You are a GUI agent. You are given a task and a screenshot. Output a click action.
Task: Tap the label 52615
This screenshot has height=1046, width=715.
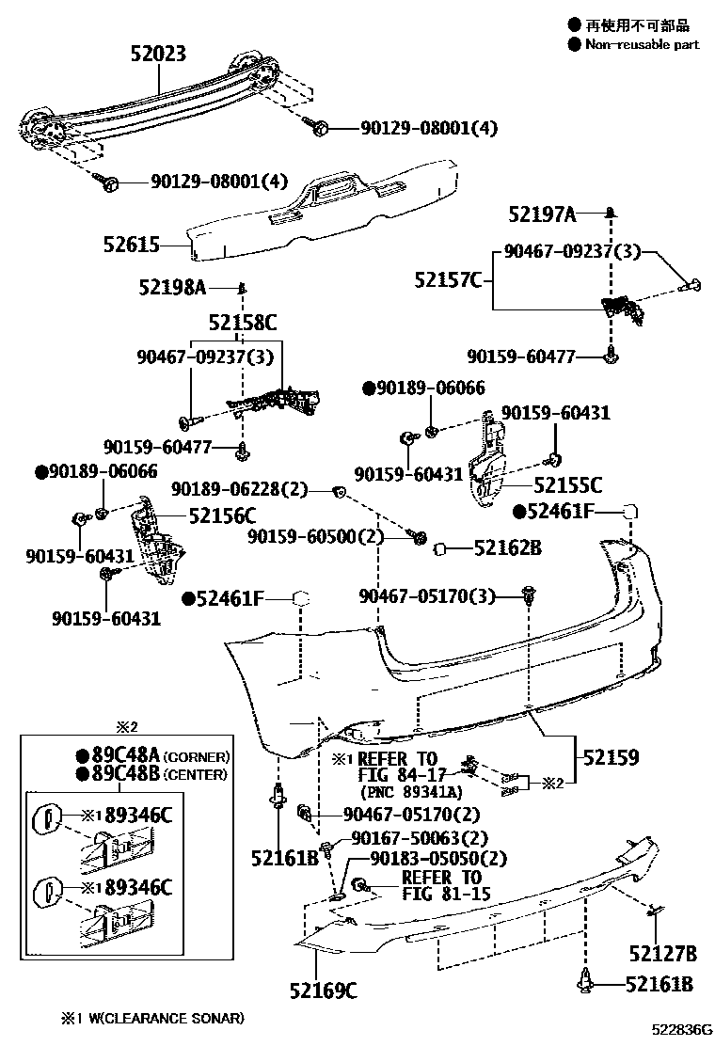click(x=132, y=246)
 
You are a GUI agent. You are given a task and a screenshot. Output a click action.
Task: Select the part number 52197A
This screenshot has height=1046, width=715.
click(x=541, y=215)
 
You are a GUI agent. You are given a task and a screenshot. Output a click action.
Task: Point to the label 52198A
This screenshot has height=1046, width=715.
click(x=172, y=287)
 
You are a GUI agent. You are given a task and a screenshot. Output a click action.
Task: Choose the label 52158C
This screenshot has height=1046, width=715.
click(x=243, y=324)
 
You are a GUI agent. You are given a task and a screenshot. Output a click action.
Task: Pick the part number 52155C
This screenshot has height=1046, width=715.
click(x=567, y=485)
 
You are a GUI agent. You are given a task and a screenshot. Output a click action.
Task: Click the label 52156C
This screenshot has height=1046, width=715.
click(x=222, y=515)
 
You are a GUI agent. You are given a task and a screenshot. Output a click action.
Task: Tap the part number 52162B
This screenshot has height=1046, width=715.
click(x=507, y=547)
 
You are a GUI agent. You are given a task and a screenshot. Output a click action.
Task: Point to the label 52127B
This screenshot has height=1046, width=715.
click(x=663, y=955)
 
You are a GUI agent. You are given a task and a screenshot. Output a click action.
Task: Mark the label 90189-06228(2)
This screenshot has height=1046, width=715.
click(x=240, y=489)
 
